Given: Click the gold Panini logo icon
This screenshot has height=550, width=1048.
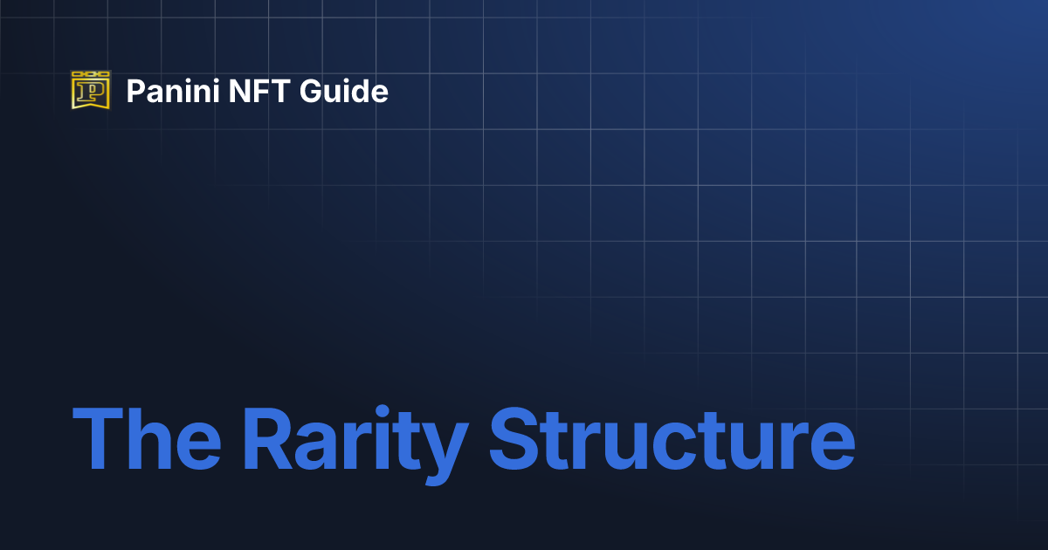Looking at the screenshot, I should point(91,90).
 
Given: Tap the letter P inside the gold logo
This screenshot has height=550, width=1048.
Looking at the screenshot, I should point(91,93).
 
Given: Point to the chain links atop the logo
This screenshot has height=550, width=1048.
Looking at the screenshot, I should point(91,74).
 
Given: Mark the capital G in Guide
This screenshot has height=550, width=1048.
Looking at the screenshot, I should point(313,91).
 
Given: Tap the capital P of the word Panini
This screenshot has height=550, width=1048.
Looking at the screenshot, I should point(135,91).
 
